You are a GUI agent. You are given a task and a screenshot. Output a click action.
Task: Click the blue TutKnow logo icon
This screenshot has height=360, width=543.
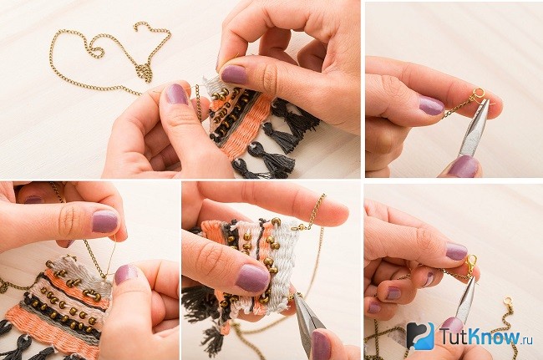click(420, 336)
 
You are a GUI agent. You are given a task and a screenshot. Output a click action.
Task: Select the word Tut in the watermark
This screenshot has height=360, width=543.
click(454, 337)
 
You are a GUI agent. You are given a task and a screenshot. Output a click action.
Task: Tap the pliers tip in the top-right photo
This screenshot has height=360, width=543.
click(487, 101)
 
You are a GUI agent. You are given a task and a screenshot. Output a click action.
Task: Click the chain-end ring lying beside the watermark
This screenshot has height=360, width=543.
click(508, 302)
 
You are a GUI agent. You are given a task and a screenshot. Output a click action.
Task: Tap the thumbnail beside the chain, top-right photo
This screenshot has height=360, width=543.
click(431, 105)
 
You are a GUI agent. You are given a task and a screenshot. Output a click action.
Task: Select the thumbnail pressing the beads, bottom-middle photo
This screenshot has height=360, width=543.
click(253, 278)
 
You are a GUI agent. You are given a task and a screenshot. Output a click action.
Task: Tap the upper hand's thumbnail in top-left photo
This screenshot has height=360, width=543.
click(234, 74)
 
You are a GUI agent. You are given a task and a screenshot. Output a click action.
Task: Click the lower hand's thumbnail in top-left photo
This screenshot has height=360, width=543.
click(176, 94)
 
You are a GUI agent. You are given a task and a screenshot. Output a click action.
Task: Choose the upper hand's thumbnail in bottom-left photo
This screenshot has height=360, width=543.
click(105, 221)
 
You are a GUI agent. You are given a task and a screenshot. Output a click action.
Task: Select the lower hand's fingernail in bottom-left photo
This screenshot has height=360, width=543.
click(125, 275)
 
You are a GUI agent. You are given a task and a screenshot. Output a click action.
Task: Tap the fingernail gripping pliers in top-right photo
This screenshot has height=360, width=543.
click(464, 166)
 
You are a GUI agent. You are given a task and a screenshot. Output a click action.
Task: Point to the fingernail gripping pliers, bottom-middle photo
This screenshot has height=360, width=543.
click(321, 344)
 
